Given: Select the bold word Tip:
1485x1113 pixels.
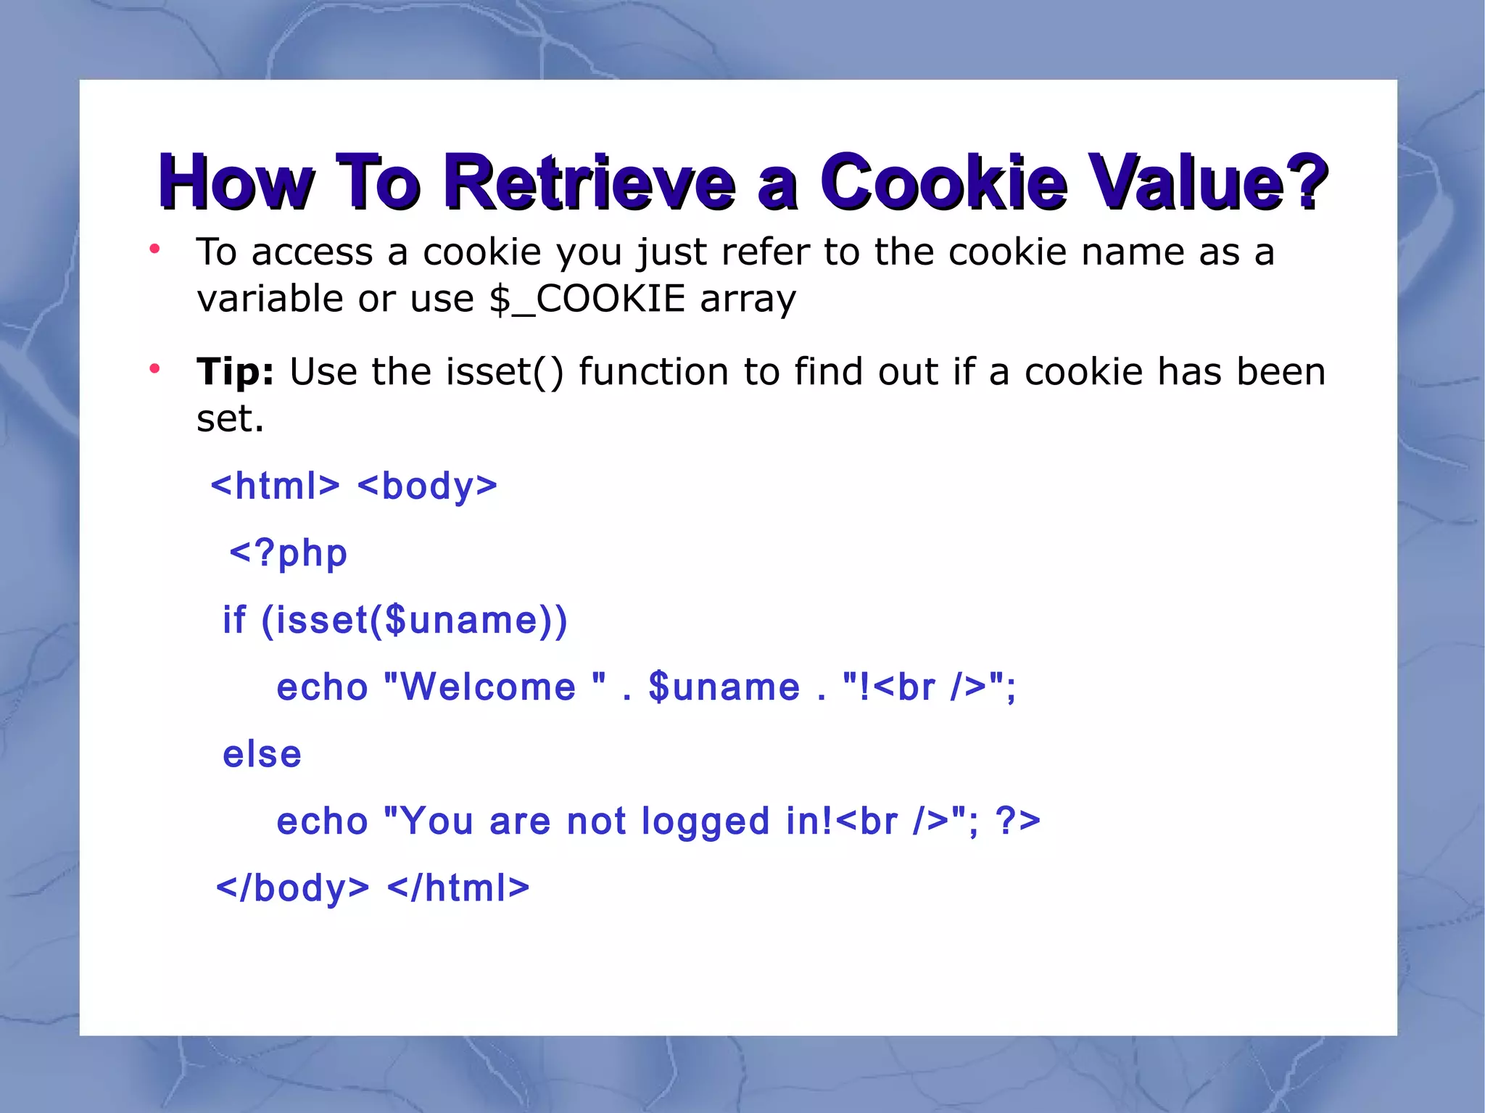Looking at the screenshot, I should [x=235, y=372].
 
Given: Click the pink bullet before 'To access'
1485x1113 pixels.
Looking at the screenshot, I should [x=154, y=249].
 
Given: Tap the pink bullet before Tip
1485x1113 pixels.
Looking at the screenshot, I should [x=154, y=369].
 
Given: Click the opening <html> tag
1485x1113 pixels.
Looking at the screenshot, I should [x=275, y=486].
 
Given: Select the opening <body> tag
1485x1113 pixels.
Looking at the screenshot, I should [x=427, y=486].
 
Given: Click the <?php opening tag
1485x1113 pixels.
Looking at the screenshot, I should [x=289, y=553].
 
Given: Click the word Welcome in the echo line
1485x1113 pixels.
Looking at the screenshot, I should [x=488, y=687].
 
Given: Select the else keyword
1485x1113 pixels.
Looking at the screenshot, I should [x=262, y=754].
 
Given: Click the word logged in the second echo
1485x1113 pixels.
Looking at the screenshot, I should [x=705, y=822].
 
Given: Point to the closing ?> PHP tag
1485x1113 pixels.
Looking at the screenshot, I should [x=1018, y=822].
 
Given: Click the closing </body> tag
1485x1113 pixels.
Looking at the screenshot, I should [x=293, y=888].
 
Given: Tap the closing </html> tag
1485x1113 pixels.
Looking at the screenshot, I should [x=458, y=888].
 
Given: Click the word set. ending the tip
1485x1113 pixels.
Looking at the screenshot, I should [x=230, y=419].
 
